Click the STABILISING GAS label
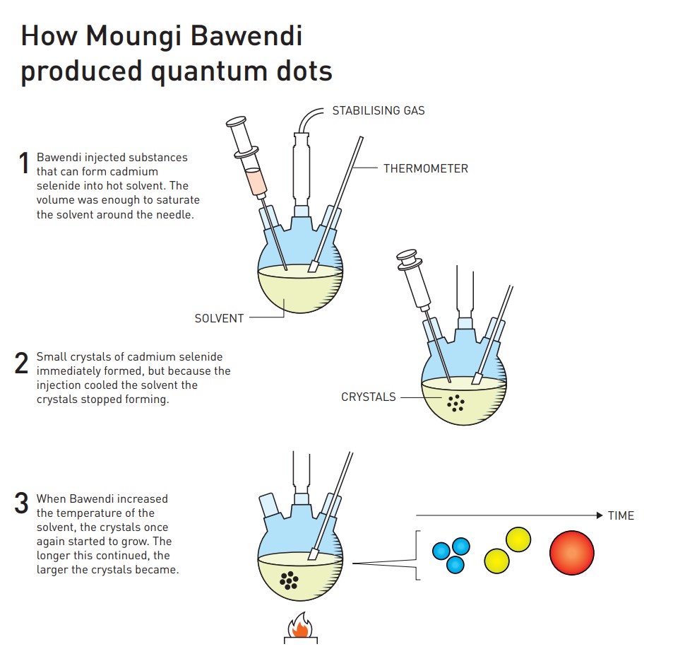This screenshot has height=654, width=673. tap(378, 110)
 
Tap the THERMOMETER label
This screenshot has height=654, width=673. tap(425, 168)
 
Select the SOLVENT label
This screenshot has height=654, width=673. tap(219, 318)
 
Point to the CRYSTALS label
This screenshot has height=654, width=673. tap(368, 397)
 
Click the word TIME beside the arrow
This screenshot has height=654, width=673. tap(621, 515)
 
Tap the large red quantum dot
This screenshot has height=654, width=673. tap(572, 553)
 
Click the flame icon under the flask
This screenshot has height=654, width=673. tap(300, 625)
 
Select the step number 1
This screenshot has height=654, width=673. tap(24, 163)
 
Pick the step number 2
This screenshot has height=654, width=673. tap(21, 363)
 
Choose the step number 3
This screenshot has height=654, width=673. tap(21, 503)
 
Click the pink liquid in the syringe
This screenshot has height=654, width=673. tap(256, 181)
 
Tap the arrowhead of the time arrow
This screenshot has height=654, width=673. tap(600, 515)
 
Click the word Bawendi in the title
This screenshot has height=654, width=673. tap(246, 35)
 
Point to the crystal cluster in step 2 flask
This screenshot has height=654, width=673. tap(455, 403)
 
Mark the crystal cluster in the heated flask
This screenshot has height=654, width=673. tap(289, 580)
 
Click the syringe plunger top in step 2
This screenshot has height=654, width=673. tap(407, 255)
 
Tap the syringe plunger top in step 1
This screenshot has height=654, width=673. tap(236, 121)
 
